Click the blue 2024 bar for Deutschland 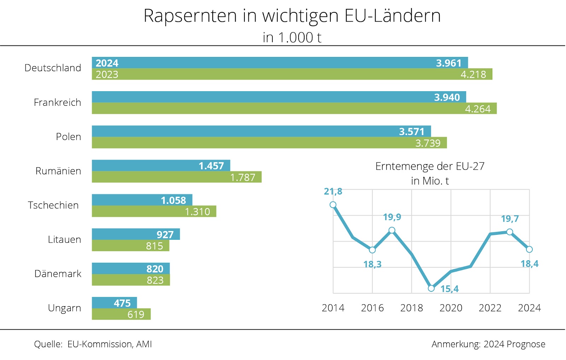click(x=279, y=63)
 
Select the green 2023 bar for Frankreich click(x=294, y=109)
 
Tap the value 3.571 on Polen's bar click(x=411, y=132)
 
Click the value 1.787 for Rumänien click(x=243, y=177)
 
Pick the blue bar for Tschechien click(x=142, y=200)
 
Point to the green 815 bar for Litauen click(x=130, y=246)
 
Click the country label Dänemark click(x=58, y=274)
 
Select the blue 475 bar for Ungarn click(x=114, y=303)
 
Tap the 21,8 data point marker click(x=333, y=205)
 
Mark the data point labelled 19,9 click(x=392, y=230)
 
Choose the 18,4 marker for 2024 click(x=529, y=249)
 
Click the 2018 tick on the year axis click(x=411, y=308)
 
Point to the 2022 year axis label click(x=490, y=308)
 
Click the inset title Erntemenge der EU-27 click(x=430, y=166)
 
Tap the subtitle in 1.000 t click(x=292, y=37)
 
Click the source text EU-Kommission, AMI click(x=110, y=344)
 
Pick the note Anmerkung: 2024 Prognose click(x=488, y=344)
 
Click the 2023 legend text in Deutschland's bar click(x=107, y=74)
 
